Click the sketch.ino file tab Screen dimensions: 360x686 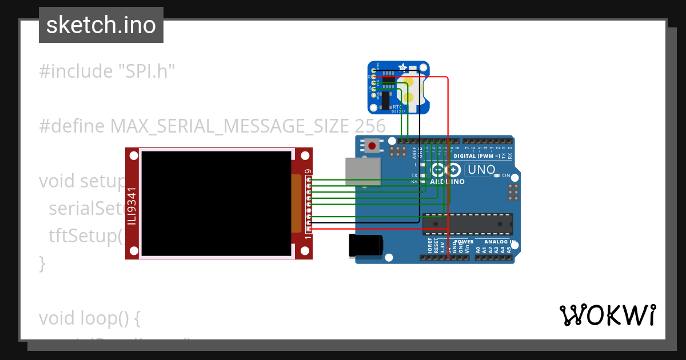(101, 25)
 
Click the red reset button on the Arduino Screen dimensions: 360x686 (373, 146)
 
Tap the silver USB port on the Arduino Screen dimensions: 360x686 (362, 172)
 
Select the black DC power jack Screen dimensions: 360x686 (366, 246)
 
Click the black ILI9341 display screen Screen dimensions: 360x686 (216, 203)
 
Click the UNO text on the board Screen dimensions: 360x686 (481, 170)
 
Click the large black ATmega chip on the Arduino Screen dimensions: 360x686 (467, 224)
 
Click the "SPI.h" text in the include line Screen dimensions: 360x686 (146, 71)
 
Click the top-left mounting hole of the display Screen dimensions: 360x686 (134, 155)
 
